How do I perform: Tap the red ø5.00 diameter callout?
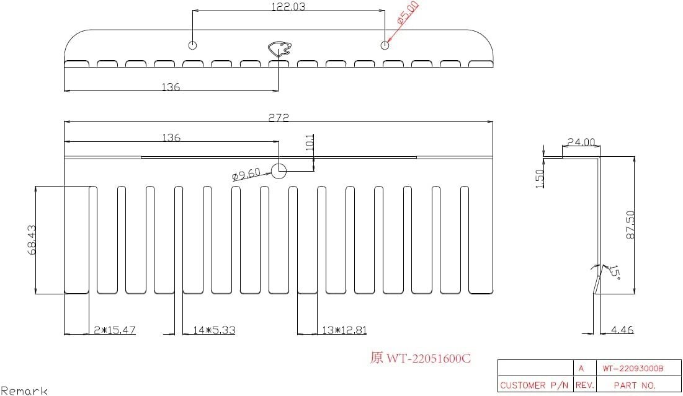click(408, 13)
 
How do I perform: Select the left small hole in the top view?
click(193, 45)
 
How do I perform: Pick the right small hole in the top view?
click(385, 45)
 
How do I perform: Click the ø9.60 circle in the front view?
click(279, 171)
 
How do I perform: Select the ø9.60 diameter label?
click(246, 174)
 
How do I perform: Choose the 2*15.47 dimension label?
click(114, 330)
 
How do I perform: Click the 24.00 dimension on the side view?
click(581, 142)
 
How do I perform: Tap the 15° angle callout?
click(614, 271)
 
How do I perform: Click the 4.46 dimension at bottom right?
click(622, 330)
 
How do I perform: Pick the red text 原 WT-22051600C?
click(420, 358)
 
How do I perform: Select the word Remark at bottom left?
click(24, 390)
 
